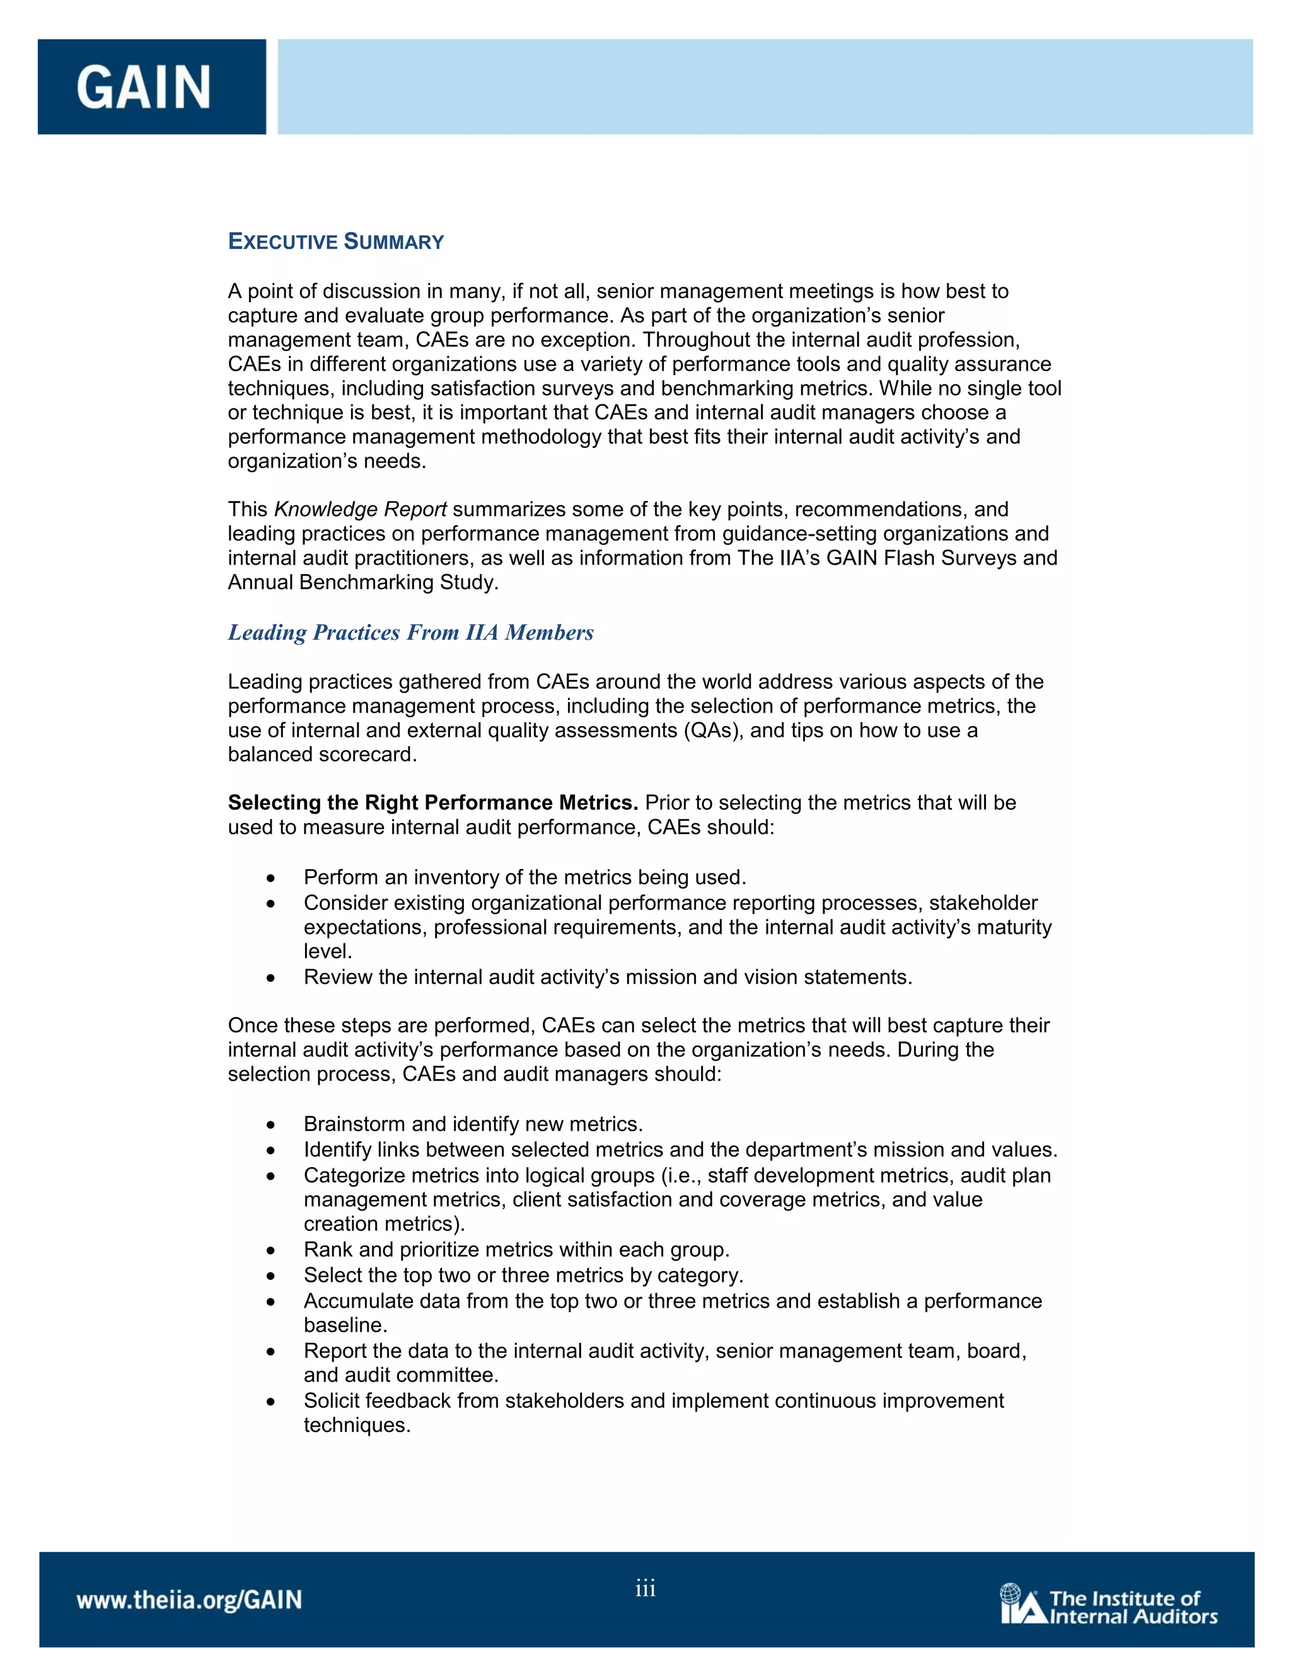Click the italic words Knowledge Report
(x=360, y=509)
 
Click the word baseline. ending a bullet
(x=345, y=1325)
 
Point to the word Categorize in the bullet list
(x=352, y=1175)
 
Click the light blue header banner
(x=765, y=87)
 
